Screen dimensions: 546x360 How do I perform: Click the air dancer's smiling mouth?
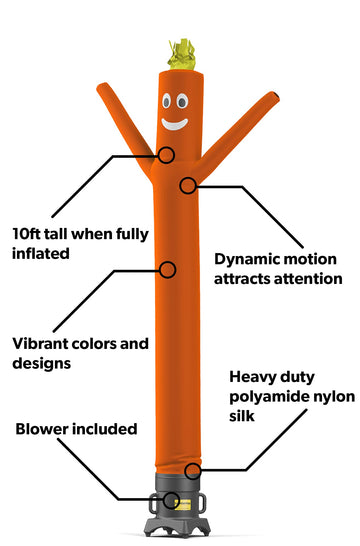174,124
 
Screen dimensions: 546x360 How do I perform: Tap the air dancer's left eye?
166,101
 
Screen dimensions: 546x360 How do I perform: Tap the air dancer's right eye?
182,101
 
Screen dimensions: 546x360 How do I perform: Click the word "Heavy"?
251,378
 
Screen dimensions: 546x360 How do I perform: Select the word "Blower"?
42,430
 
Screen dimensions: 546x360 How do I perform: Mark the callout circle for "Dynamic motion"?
187,185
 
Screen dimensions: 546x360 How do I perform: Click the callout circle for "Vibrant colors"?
168,269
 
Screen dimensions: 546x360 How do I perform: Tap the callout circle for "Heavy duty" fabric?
194,469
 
